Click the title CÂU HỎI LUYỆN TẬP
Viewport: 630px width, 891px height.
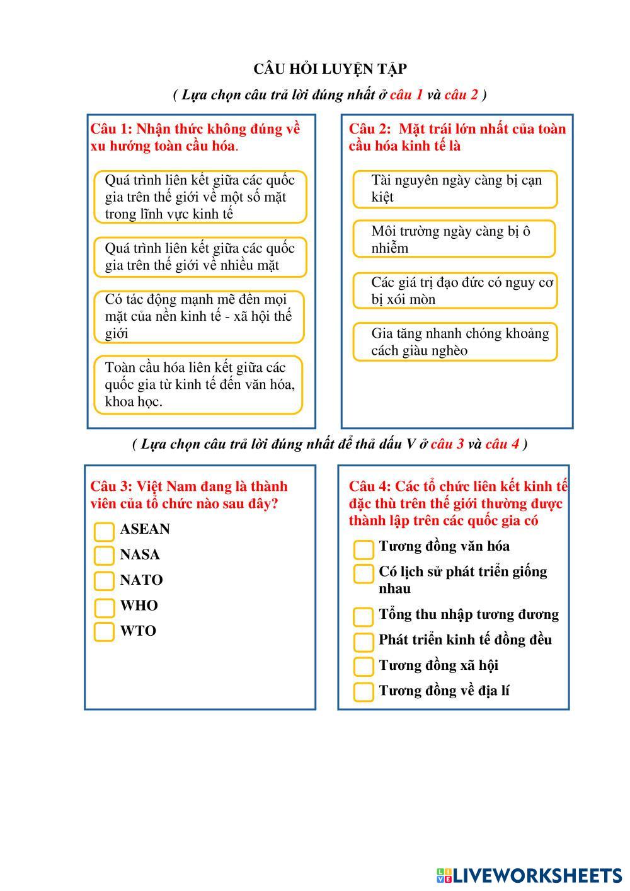click(x=329, y=69)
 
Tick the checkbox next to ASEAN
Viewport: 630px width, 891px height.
click(x=104, y=531)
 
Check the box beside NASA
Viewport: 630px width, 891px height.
click(x=104, y=555)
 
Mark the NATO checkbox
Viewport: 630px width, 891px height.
click(x=104, y=580)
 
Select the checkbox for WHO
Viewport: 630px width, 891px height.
click(x=104, y=607)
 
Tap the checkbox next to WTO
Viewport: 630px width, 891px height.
click(x=104, y=631)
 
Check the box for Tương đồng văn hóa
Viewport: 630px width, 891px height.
click(x=364, y=549)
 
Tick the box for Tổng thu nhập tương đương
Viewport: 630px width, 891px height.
click(x=364, y=616)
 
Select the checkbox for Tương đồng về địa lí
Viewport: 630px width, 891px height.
click(x=364, y=691)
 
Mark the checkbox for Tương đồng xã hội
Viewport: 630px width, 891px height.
click(x=364, y=666)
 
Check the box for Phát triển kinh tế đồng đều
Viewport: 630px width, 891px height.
click(x=364, y=641)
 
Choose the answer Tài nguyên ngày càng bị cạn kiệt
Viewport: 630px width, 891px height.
click(x=455, y=188)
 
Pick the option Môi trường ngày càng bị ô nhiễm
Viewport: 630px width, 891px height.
click(x=454, y=239)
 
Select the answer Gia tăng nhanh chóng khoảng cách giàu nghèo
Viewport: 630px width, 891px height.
click(x=455, y=342)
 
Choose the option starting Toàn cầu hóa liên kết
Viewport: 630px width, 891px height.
click(x=198, y=384)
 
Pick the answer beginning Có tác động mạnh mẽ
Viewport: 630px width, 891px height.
click(x=198, y=316)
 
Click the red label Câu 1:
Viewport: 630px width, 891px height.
click(x=111, y=129)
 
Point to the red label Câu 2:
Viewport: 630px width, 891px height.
click(x=370, y=129)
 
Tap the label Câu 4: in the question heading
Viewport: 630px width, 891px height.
click(x=370, y=486)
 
